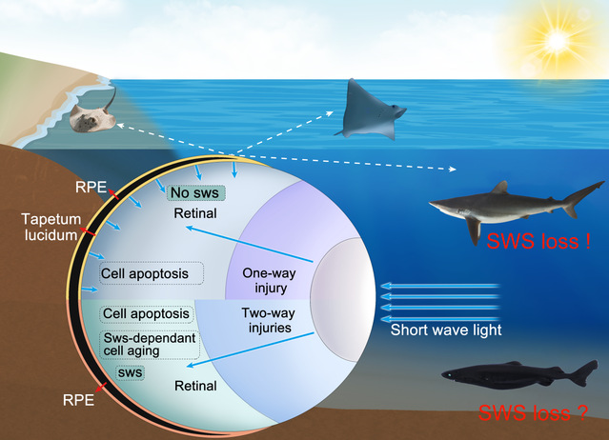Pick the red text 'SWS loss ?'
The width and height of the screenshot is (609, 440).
[532, 413]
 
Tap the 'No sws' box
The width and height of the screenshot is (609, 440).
[196, 192]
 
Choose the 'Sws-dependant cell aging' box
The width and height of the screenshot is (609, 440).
[150, 344]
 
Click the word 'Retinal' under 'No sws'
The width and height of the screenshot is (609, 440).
[195, 214]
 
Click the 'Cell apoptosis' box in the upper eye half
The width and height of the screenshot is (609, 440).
[152, 274]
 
